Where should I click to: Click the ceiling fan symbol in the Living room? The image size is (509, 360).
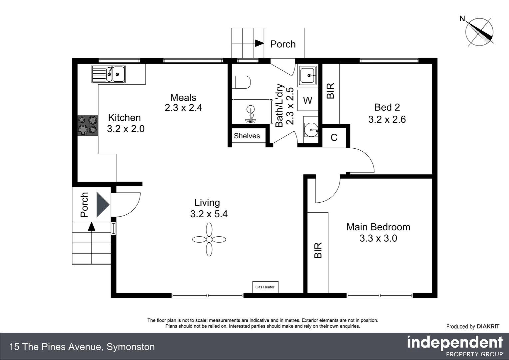[209, 239]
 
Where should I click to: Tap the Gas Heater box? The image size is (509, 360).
[265, 287]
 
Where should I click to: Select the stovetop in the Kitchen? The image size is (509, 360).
[88, 125]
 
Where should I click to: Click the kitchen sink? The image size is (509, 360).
[108, 74]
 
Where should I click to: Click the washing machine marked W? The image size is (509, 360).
[308, 100]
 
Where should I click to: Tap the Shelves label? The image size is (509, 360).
[247, 136]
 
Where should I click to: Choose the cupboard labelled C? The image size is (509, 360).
[334, 137]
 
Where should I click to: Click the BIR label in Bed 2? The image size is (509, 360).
[331, 91]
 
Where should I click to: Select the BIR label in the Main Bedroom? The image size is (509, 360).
[318, 250]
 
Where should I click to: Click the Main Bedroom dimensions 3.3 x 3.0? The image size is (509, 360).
[378, 238]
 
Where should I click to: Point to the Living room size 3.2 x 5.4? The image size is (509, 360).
[209, 214]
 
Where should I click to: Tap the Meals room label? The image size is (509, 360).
[183, 98]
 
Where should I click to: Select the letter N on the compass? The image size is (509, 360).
[462, 18]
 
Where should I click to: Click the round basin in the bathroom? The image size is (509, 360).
[311, 130]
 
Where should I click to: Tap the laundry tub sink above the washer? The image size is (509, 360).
[308, 75]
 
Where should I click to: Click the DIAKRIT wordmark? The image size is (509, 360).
[488, 326]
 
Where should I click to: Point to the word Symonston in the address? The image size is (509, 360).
[131, 347]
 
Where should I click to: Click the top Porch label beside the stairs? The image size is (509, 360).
[283, 44]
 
